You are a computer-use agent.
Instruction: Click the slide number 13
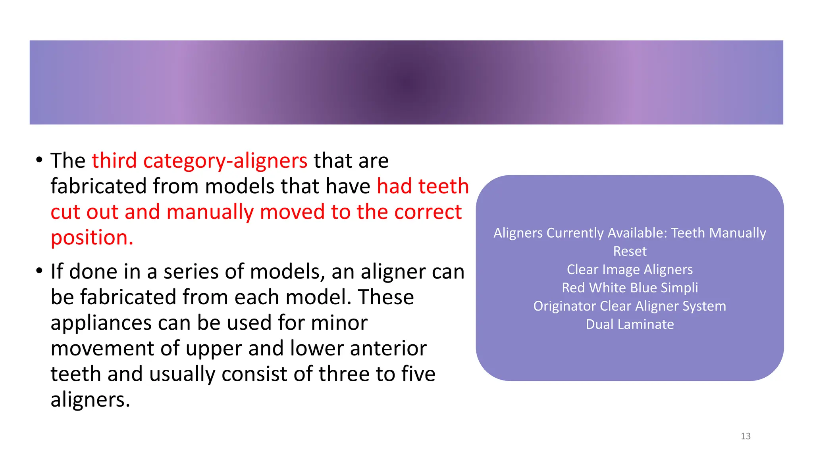click(745, 436)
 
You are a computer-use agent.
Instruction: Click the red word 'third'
click(114, 161)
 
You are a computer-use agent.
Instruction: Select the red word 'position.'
click(92, 238)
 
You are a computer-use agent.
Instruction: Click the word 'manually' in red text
click(210, 212)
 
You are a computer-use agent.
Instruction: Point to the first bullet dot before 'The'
click(39, 160)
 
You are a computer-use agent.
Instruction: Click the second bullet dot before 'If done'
click(39, 271)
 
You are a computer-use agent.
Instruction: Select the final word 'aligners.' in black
click(90, 399)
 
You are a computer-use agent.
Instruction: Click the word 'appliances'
click(101, 323)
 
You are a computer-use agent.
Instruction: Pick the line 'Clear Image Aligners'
click(630, 269)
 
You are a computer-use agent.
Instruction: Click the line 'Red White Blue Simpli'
click(630, 288)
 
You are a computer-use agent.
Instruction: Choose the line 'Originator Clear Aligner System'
click(630, 306)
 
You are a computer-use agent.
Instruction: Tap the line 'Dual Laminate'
click(630, 324)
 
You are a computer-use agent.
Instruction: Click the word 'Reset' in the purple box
click(630, 251)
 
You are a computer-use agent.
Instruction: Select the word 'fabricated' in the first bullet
click(98, 186)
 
